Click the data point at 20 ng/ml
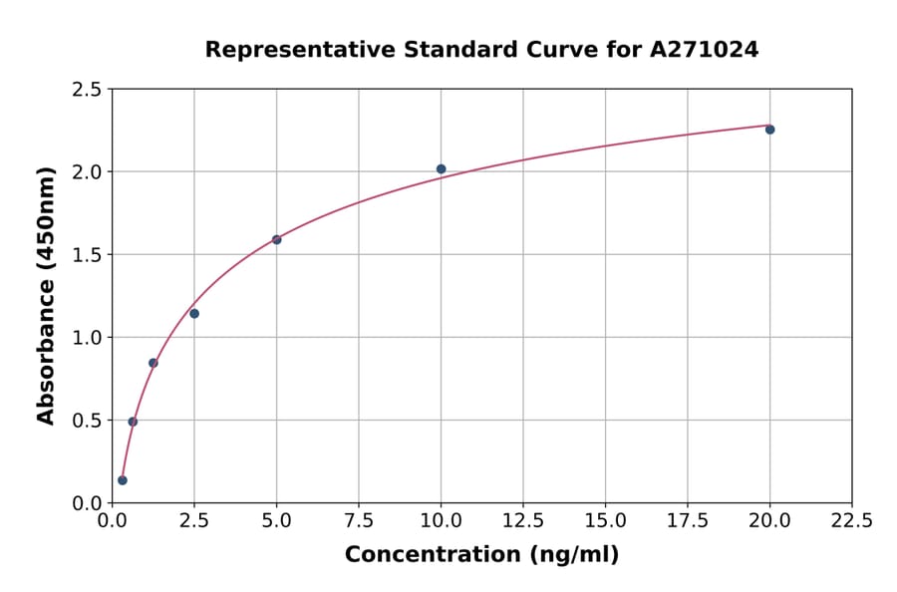tap(769, 130)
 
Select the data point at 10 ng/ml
tap(441, 169)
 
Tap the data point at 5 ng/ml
tap(277, 240)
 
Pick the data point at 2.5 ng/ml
tap(194, 314)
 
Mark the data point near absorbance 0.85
tap(153, 363)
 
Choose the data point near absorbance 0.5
tap(133, 422)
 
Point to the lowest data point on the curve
tap(123, 480)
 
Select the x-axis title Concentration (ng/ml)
tap(481, 555)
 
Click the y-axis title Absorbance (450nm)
tap(46, 296)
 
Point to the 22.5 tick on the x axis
tap(851, 520)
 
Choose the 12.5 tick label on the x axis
tap(523, 520)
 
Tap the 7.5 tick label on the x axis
tap(359, 520)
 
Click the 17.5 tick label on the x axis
tap(688, 520)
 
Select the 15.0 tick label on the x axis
tap(605, 520)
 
